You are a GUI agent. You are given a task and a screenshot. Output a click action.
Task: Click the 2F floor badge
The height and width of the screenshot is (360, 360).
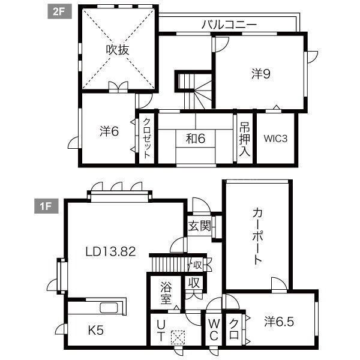59,12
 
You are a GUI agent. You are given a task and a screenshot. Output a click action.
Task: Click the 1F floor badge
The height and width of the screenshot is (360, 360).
46,206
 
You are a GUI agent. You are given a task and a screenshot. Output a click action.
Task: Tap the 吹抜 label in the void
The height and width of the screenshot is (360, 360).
118,50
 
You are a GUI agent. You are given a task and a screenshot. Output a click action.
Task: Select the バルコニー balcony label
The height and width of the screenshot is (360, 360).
229,25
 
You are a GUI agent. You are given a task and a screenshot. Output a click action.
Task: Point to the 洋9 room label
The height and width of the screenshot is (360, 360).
261,74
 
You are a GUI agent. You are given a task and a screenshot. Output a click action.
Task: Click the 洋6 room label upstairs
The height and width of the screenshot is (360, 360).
109,131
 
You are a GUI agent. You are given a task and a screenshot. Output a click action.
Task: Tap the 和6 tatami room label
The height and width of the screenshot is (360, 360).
196,139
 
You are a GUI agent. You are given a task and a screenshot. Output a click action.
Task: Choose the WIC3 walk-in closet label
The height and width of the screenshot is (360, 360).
275,139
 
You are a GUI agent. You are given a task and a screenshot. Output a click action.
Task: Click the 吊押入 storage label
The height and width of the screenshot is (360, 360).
245,139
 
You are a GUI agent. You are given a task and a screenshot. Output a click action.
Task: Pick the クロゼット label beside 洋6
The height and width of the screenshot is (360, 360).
147,138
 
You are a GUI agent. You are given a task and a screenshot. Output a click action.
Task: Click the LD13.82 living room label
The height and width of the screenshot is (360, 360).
110,251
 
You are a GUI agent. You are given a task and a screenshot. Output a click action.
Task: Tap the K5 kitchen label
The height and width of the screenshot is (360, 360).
96,331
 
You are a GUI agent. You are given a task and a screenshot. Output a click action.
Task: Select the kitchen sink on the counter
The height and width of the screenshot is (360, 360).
109,308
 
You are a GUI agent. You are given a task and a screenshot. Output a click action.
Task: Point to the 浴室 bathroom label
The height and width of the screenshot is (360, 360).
166,293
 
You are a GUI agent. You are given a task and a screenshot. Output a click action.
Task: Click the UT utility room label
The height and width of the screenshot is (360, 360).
161,331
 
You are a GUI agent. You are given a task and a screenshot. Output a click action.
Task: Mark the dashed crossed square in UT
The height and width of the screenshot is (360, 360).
178,337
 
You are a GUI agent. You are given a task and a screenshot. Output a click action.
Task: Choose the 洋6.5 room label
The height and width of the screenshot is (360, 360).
279,322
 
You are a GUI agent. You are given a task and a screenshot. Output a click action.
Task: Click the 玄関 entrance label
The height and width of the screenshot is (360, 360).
200,226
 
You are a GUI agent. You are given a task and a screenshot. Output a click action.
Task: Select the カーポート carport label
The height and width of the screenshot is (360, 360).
257,236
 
